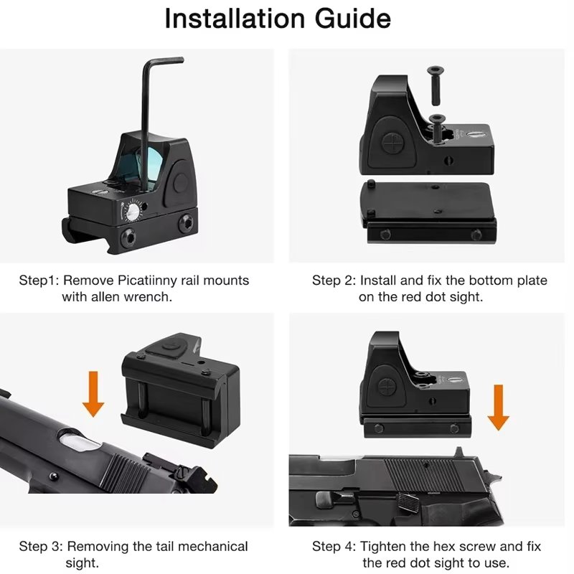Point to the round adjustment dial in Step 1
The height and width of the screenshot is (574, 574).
(x=133, y=212)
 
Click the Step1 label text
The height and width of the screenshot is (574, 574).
(x=38, y=280)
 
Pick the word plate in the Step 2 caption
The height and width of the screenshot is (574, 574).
(x=530, y=280)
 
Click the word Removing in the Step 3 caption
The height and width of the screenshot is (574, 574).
(x=95, y=547)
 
